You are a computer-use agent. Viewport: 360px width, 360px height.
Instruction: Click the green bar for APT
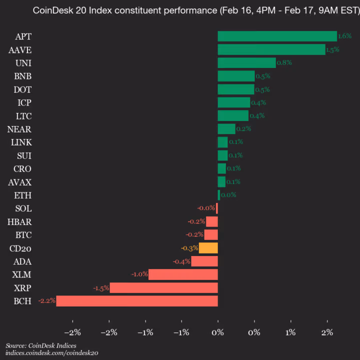tap(277, 36)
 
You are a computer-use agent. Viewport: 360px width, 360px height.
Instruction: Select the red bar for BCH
tap(137, 301)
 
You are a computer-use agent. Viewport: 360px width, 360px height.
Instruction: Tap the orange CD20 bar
tap(208, 248)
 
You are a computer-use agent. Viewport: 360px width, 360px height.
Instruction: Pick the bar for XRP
tap(163, 287)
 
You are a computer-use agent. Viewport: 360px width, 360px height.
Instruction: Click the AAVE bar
tap(271, 49)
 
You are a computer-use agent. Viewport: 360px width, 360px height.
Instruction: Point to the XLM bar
tap(183, 274)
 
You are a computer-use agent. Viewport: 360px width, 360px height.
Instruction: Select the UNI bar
tap(246, 62)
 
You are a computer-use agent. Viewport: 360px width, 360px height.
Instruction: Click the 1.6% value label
tap(345, 36)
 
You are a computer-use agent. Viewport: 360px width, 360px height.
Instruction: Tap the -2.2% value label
tap(47, 301)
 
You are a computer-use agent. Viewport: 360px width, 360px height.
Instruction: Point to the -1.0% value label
tap(139, 274)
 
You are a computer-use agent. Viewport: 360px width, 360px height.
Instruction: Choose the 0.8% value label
tap(284, 62)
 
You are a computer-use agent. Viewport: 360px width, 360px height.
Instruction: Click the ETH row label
tap(23, 195)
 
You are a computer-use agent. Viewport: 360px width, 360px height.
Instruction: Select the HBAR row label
tap(20, 221)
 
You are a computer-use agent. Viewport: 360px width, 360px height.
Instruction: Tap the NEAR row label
tap(20, 129)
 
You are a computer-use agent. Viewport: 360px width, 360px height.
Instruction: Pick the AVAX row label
tap(20, 182)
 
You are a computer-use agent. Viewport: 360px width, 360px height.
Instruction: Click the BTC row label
tap(22, 234)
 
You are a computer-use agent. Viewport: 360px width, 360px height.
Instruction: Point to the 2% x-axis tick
tap(327, 333)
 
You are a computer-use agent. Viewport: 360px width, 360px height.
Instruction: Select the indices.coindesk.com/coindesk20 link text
tap(52, 352)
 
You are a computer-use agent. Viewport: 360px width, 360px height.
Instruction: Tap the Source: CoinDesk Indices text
tap(41, 345)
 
